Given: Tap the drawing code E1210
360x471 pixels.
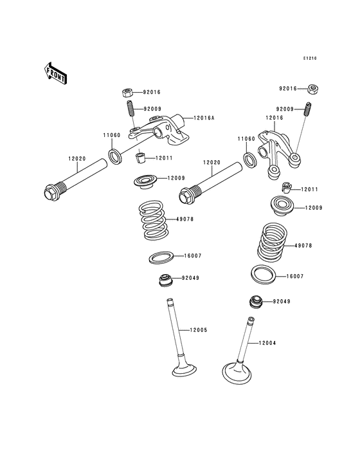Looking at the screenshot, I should click(x=310, y=59).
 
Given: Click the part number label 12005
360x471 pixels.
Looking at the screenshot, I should click(x=198, y=329).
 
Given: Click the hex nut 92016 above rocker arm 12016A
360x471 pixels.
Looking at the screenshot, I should click(x=128, y=92).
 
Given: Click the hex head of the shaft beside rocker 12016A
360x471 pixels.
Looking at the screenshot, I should click(x=51, y=192).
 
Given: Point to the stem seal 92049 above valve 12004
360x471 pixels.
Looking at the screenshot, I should click(x=256, y=301).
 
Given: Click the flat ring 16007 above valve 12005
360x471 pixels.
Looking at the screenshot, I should click(x=161, y=257).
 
